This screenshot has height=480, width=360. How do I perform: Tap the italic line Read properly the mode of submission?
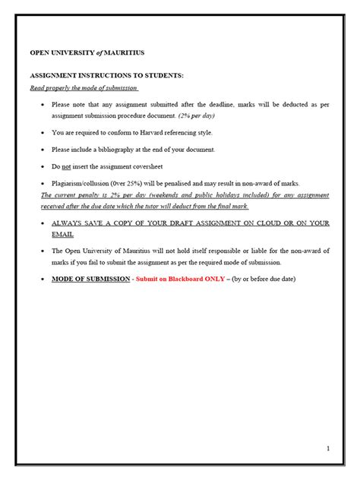pyautogui.click(x=84, y=88)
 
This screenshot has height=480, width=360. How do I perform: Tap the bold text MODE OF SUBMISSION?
pyautogui.click(x=87, y=279)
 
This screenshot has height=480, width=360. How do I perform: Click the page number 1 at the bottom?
pyautogui.click(x=327, y=449)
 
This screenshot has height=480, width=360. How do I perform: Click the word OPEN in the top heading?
pyautogui.click(x=41, y=52)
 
